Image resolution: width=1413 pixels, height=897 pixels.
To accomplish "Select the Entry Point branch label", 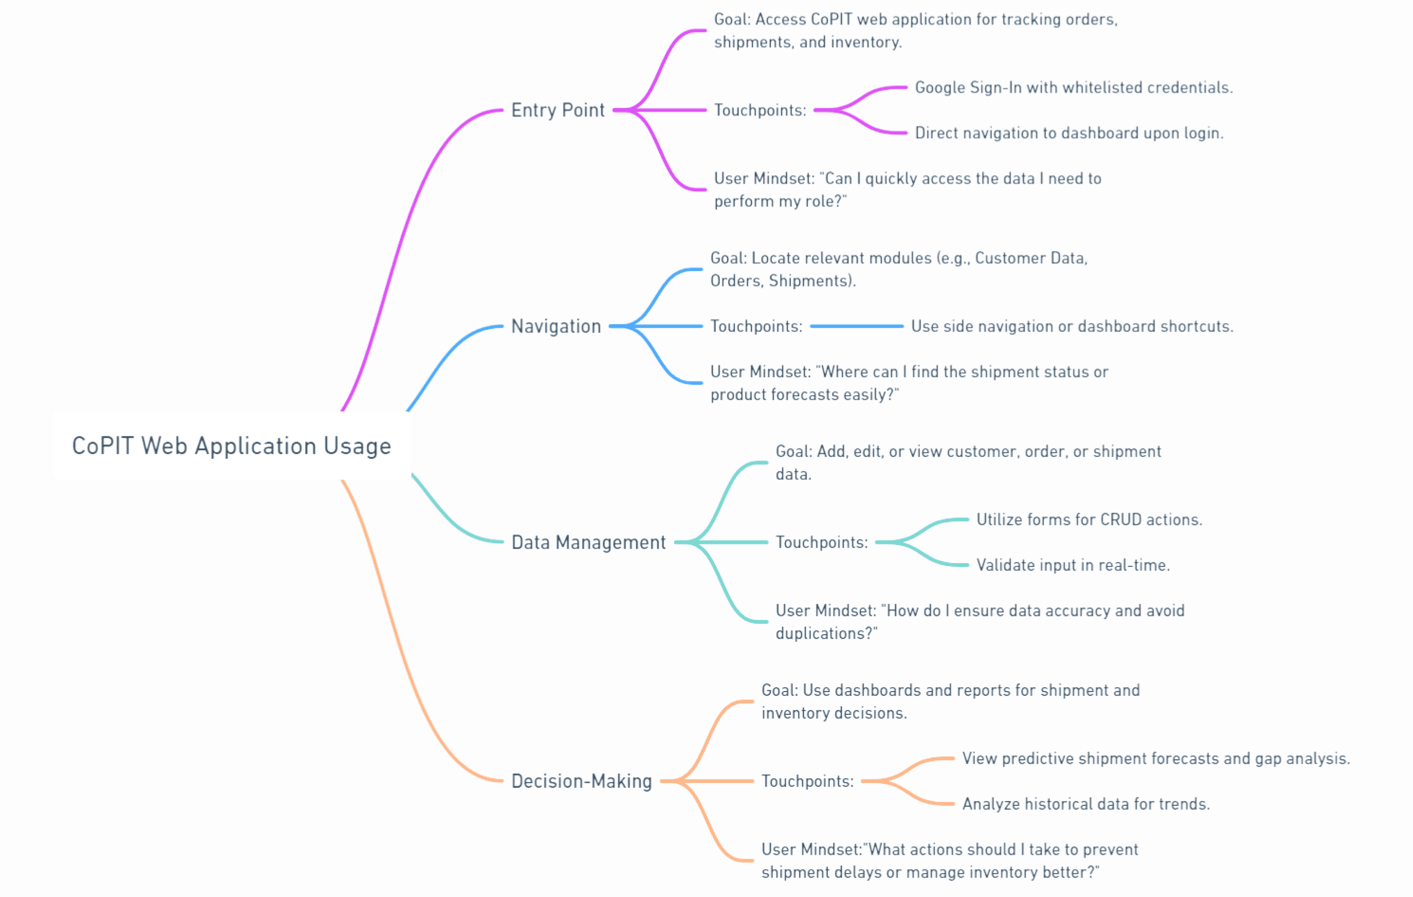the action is point(558,110).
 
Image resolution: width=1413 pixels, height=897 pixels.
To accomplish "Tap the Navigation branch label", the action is point(556,326).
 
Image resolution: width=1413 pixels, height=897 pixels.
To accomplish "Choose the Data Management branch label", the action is point(588,543).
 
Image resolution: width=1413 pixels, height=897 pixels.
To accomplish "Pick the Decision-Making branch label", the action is point(581,781).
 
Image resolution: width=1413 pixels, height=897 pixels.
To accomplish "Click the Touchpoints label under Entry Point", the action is point(760,110).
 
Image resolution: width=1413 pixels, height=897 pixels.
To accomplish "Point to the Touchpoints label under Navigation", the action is point(756,326).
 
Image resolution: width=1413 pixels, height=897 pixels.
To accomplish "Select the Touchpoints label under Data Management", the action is point(822,543).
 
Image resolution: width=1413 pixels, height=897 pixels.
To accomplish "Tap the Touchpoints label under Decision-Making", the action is point(807,781).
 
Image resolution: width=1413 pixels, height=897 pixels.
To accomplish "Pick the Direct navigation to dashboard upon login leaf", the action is point(1069,133).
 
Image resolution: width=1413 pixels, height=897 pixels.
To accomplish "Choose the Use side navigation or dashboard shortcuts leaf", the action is point(1072,326).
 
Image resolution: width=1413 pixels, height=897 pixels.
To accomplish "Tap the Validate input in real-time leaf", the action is point(1073,565).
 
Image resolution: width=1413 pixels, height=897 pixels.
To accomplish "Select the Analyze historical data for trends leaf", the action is point(1086,804).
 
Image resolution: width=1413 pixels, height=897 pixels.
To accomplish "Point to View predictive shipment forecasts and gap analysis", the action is point(1156,759).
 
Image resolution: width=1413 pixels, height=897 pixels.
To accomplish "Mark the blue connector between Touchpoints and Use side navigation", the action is point(857,326).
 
